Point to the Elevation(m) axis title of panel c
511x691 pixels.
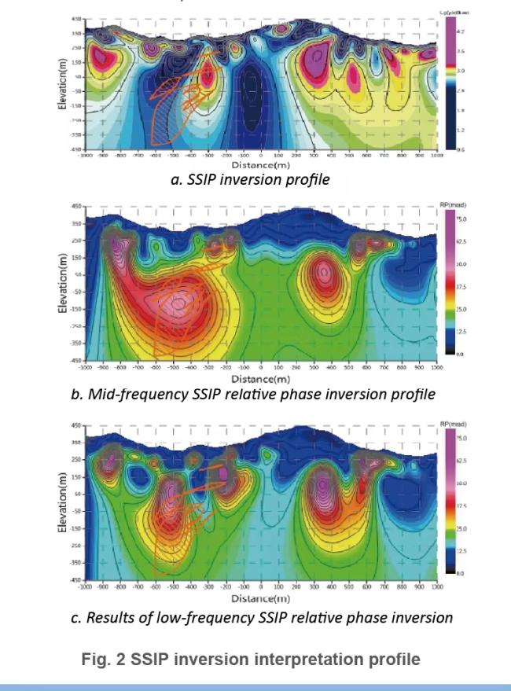click(x=63, y=504)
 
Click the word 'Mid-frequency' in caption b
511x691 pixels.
click(x=127, y=394)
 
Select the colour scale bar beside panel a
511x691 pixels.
click(x=450, y=83)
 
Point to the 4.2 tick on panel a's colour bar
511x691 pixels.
click(x=462, y=31)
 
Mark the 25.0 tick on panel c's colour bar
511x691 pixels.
click(x=463, y=528)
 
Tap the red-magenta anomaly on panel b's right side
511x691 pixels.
click(x=323, y=274)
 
